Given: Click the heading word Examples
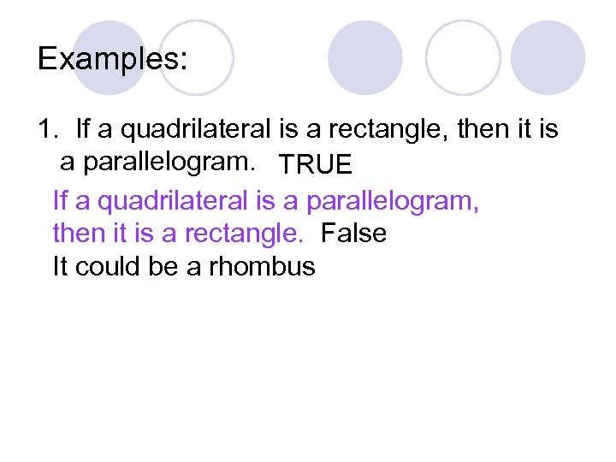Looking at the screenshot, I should (112, 59).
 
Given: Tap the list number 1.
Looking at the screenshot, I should (47, 130).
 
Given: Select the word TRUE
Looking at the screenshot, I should (314, 164).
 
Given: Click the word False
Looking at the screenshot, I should (353, 233).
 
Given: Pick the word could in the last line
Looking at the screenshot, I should (106, 267).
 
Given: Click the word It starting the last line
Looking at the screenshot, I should (61, 267).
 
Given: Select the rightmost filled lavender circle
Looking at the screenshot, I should (548, 58).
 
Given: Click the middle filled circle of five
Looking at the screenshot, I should (364, 58).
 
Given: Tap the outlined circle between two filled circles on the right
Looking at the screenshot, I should (462, 58).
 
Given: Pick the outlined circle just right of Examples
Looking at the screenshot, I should (196, 58).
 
